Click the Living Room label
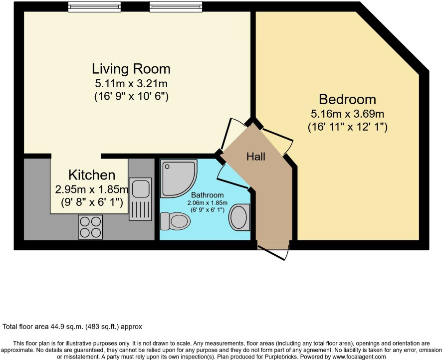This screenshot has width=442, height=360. (131, 69)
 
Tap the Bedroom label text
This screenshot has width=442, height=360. (347, 99)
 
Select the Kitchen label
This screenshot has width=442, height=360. (92, 175)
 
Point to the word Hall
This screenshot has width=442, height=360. (256, 157)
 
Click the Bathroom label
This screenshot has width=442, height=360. (208, 195)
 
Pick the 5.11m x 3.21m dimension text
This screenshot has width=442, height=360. (131, 84)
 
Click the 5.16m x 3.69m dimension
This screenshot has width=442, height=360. (347, 114)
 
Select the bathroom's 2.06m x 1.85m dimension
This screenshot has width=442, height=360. (208, 203)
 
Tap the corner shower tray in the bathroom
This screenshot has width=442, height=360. (178, 179)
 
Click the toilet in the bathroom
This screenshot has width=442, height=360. (175, 221)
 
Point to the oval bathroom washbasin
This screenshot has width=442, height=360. (239, 217)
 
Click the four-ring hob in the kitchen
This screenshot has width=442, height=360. (90, 227)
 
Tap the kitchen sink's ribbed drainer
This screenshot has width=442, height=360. (140, 210)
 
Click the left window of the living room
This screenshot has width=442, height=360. (94, 6)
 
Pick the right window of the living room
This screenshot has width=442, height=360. (176, 6)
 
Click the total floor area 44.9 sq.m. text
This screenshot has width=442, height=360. (72, 327)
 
